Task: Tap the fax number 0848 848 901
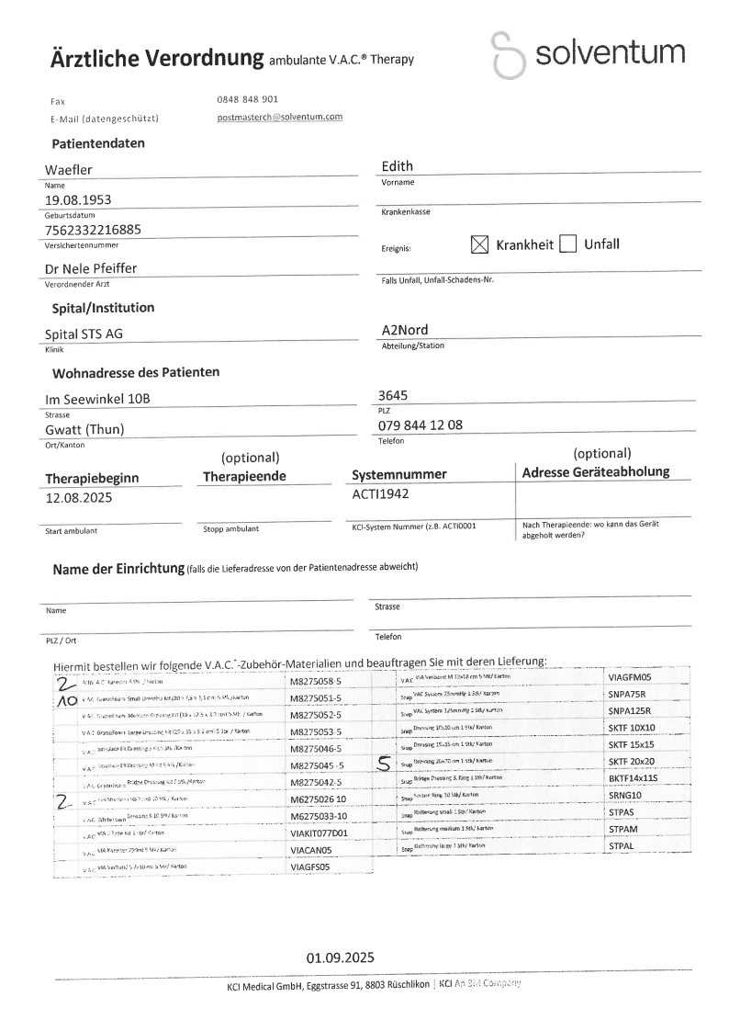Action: (242, 99)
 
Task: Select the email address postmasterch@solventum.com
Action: (279, 118)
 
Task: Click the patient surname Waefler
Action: (68, 169)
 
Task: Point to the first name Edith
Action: (397, 166)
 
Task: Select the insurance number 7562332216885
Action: (93, 230)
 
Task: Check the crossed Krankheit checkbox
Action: (479, 244)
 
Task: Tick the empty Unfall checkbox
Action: (567, 244)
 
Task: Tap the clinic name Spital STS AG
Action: (84, 334)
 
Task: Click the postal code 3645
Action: (394, 396)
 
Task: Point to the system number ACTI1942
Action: (380, 493)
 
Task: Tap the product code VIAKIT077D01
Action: (319, 834)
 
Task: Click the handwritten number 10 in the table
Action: (67, 699)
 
